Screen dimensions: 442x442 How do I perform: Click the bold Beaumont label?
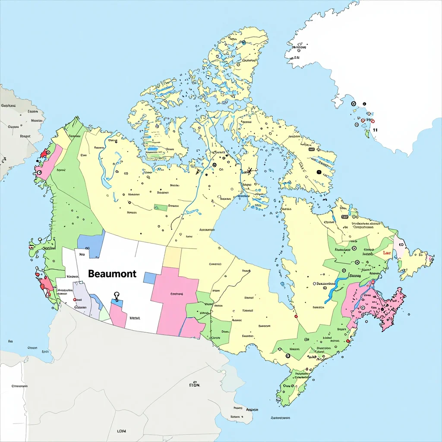tap(112, 274)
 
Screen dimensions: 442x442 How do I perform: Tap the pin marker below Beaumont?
tap(116, 296)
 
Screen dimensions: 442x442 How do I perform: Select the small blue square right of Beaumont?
tap(149, 278)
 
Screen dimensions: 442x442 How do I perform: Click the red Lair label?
tap(387, 253)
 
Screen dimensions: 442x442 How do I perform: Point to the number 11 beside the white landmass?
tap(375, 129)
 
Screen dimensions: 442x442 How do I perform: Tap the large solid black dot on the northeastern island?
tap(319, 172)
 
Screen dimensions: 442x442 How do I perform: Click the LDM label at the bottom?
tap(121, 431)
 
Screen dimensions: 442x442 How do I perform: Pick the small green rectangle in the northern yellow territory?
tap(161, 208)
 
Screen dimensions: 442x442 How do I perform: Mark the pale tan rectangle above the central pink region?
tap(172, 257)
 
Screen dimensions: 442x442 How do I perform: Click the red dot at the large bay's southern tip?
tap(296, 316)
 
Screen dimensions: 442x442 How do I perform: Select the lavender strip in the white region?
tap(82, 298)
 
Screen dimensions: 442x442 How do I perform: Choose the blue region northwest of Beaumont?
tap(92, 242)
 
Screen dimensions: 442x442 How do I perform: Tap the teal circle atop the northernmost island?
tap(244, 43)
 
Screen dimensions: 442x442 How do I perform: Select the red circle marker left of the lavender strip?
tap(75, 299)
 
